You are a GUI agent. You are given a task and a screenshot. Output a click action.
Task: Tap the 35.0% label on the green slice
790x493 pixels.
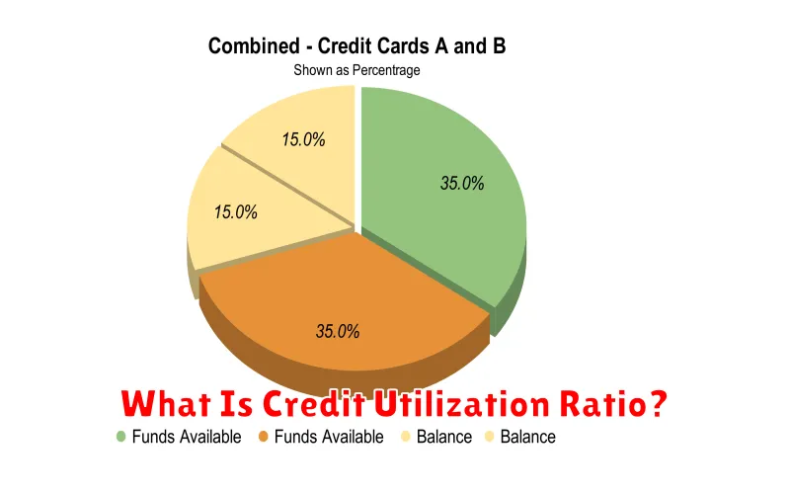(462, 183)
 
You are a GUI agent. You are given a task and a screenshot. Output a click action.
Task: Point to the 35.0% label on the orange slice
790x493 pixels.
(338, 331)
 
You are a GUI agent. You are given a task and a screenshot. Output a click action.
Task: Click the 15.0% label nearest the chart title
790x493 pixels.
(303, 139)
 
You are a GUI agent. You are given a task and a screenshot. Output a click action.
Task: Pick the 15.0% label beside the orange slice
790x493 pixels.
(235, 211)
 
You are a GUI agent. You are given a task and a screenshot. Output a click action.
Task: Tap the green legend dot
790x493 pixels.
(120, 437)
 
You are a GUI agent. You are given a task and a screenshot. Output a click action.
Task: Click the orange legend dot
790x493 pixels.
(263, 437)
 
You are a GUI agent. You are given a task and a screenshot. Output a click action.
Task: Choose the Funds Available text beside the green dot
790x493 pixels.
(187, 437)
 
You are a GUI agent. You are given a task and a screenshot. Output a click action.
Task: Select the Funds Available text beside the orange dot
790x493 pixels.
(329, 437)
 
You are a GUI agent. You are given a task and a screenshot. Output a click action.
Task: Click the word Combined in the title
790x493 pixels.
(254, 45)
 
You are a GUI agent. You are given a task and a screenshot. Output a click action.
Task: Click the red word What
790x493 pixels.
(166, 404)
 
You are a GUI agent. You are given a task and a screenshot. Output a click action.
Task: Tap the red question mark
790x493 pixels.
(657, 403)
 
